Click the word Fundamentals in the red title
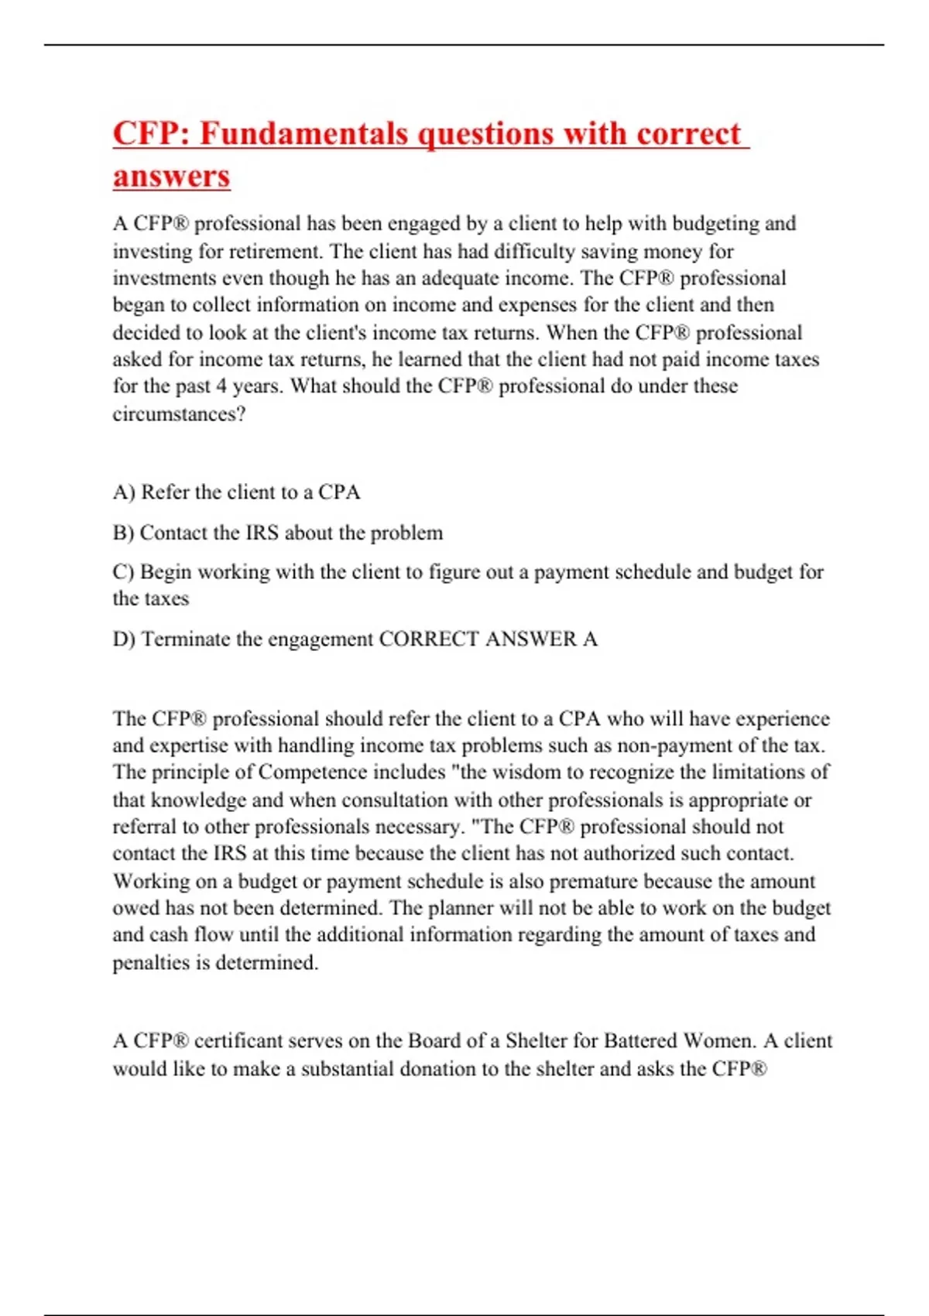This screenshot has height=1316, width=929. point(303,133)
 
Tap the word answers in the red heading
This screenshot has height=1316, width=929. point(171,176)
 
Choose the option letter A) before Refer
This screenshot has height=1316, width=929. point(123,492)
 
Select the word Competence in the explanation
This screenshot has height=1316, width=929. point(313,773)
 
